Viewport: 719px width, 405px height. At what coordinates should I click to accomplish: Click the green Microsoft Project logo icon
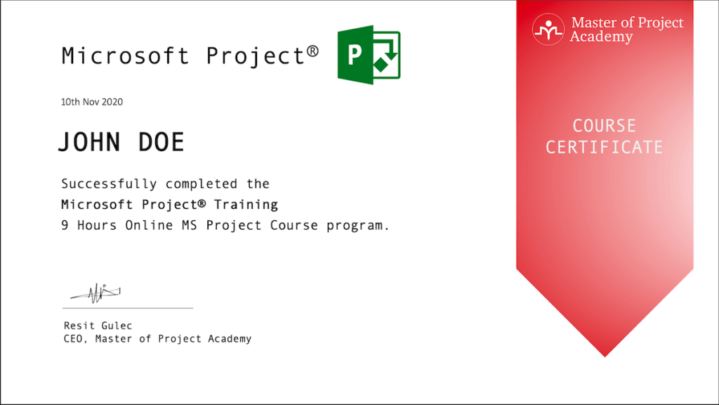tap(369, 56)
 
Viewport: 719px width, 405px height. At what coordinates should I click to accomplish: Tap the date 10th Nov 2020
tap(92, 102)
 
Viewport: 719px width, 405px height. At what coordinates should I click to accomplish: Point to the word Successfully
tap(109, 184)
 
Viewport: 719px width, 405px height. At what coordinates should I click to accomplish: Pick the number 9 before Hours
tap(65, 226)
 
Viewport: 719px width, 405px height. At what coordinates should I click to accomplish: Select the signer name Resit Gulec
tap(98, 326)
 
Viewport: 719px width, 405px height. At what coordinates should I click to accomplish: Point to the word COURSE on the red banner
tap(604, 127)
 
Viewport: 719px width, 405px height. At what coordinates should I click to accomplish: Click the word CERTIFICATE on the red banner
tap(604, 147)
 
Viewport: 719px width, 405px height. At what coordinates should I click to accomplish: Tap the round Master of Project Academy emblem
tap(548, 30)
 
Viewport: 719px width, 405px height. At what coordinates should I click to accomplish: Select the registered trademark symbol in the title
tap(312, 51)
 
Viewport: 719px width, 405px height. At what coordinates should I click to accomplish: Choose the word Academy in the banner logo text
tap(601, 37)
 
